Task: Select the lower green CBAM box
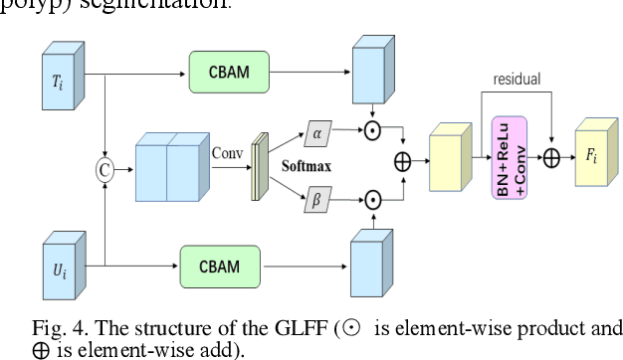click(221, 266)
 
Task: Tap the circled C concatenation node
click(104, 170)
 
